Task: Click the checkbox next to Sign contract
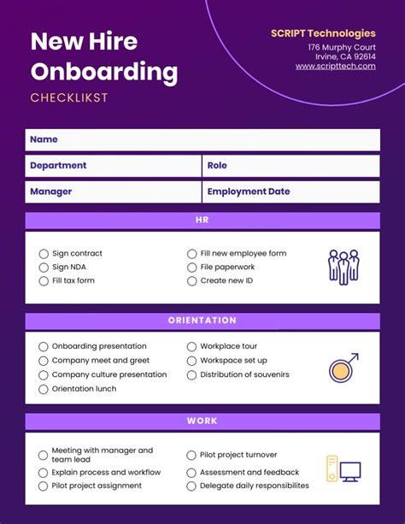[44, 254]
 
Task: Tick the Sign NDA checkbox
[44, 268]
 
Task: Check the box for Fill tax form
[44, 280]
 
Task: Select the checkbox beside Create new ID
[191, 280]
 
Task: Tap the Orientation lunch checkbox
[44, 389]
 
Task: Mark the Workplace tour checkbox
[191, 347]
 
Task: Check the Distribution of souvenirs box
[191, 375]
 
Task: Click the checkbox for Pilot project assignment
[44, 486]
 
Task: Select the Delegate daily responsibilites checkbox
[191, 486]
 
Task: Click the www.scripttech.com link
[336, 67]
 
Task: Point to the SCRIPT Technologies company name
[323, 33]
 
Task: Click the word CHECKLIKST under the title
[69, 98]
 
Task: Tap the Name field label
[44, 139]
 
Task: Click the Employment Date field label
[249, 192]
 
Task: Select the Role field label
[217, 166]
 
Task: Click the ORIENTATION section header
[202, 321]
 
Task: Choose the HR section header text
[202, 221]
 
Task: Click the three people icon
[343, 267]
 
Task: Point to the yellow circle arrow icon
[343, 368]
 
